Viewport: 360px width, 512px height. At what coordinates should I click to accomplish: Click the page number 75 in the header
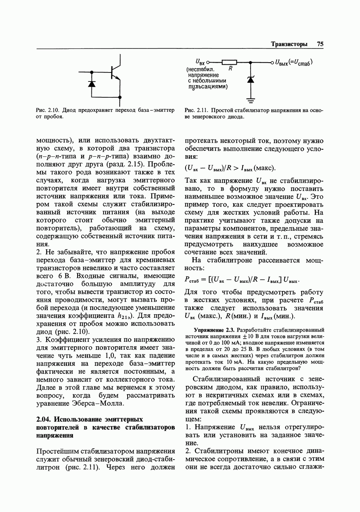320,44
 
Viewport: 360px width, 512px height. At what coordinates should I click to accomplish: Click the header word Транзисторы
289,44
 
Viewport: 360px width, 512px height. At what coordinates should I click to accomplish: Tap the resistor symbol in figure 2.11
229,62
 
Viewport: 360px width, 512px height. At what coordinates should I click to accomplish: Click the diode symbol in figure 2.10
91,83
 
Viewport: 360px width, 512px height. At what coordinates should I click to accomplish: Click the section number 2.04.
43,419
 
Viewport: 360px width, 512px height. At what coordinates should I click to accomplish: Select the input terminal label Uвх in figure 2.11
200,62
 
